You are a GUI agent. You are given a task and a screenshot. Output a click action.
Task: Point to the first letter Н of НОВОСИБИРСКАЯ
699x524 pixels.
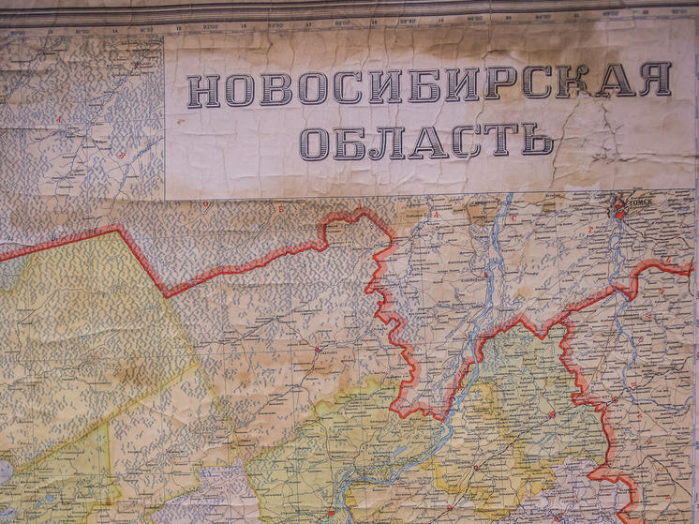point(203,90)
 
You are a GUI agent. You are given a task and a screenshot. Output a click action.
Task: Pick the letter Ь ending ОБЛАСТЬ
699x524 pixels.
point(536,140)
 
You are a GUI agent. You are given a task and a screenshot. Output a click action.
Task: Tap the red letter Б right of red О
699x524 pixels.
point(277,209)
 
